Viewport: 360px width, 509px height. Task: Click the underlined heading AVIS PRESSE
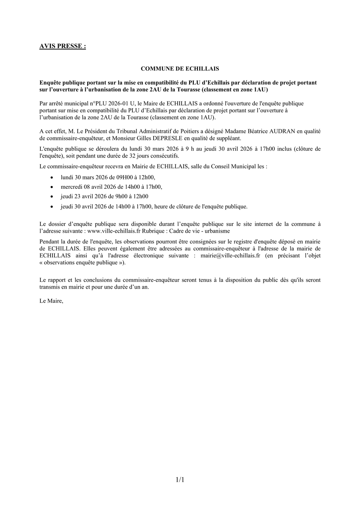pyautogui.click(x=62, y=46)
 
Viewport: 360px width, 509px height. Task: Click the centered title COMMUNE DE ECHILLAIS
pyautogui.click(x=180, y=69)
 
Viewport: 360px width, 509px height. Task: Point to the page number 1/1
pyautogui.click(x=180, y=479)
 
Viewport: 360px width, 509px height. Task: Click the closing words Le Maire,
pyautogui.click(x=51, y=301)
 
